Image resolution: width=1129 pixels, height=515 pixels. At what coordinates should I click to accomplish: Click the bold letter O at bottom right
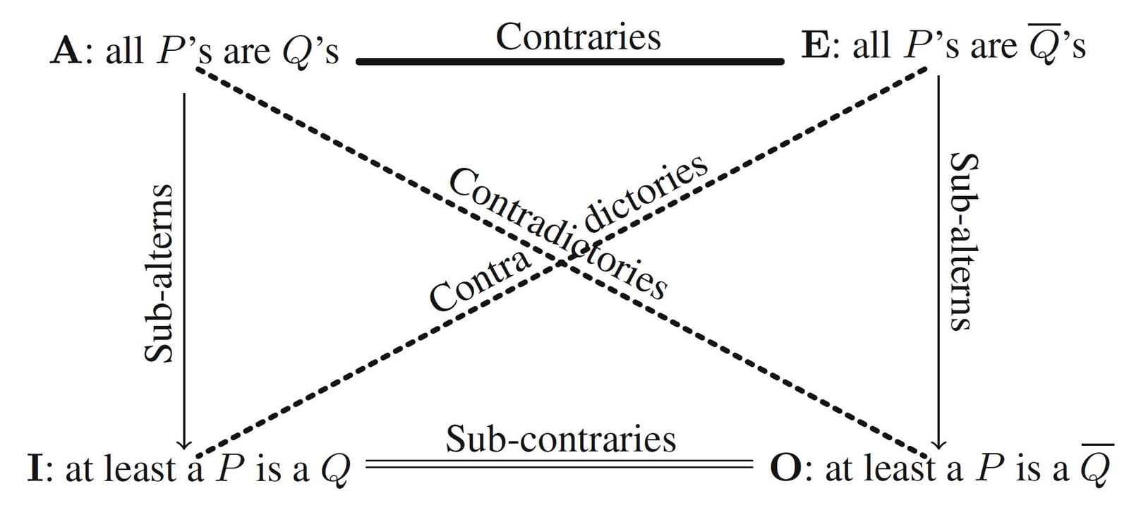[x=785, y=469]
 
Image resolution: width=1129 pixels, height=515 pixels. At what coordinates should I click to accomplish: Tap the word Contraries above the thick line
[x=578, y=37]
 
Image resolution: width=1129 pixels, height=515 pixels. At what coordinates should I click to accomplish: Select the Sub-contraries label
[x=560, y=439]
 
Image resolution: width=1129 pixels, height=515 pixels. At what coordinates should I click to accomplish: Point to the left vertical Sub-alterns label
[x=158, y=274]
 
